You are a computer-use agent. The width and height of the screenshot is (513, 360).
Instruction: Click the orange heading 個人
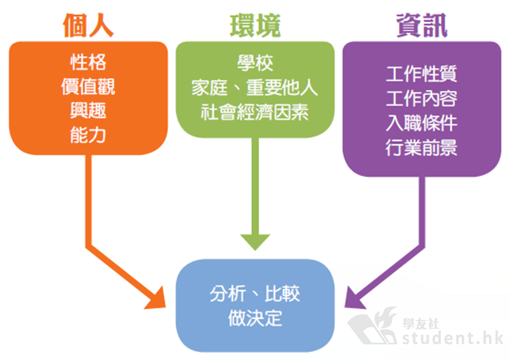coord(88,25)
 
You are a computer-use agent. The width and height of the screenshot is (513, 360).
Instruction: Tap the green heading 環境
coord(255,25)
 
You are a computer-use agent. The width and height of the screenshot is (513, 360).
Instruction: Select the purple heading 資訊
coord(421,25)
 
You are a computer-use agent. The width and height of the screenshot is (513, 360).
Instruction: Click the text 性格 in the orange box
coord(88,62)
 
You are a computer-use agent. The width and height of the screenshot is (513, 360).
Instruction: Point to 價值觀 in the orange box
coord(88,86)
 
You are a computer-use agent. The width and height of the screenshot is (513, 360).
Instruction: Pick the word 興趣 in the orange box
coord(88,110)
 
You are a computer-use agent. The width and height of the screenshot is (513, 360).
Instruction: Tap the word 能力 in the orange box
coord(88,135)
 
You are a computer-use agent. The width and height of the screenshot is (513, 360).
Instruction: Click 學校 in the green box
coord(255,63)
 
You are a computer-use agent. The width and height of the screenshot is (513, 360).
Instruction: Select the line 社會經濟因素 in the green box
coord(255,112)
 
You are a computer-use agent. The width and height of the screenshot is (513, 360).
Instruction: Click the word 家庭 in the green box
coord(209,88)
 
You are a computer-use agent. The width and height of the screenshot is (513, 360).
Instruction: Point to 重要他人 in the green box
coord(282,88)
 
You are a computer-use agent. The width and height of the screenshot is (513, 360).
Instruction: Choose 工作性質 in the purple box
coord(421,74)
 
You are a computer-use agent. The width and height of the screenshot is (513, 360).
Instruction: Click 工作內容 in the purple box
coord(421,98)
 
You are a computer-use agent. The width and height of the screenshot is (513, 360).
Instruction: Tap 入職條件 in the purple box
coord(421,123)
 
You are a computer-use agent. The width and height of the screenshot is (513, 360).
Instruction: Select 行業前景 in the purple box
coord(421,148)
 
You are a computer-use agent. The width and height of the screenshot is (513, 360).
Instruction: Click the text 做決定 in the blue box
coord(255,318)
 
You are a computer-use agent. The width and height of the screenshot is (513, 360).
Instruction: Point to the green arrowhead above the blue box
coord(255,242)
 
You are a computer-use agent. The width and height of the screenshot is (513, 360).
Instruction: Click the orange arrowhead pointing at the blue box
coord(156,299)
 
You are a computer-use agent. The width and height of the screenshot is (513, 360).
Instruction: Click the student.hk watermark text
coord(453,338)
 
